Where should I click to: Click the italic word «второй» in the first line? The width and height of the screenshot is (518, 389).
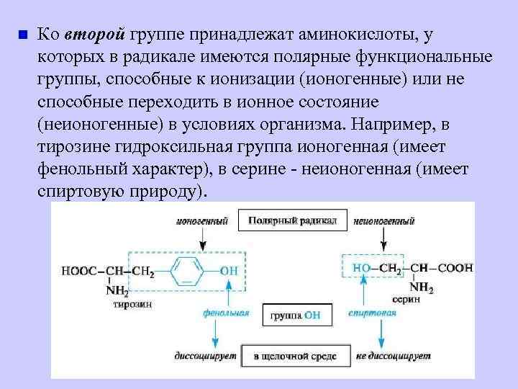[x=95, y=34]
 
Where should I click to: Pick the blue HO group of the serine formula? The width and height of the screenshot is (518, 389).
[x=362, y=268]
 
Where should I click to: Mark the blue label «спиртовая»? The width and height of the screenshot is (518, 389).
[x=372, y=313]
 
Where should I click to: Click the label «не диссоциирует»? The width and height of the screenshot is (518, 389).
[x=392, y=357]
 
